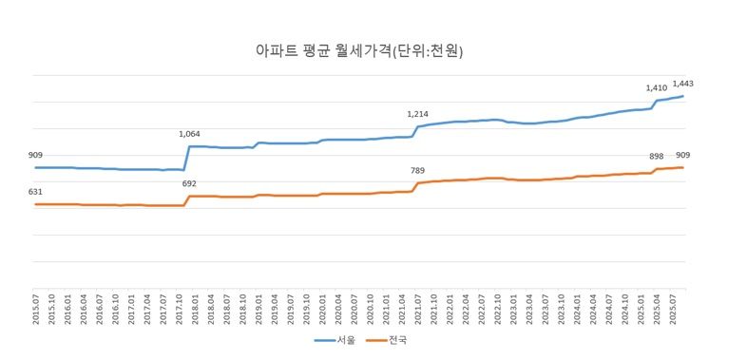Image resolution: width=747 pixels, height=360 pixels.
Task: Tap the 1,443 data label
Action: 682,84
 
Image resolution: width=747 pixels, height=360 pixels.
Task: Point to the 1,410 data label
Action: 656,88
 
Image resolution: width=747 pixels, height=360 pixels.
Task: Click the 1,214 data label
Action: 418,114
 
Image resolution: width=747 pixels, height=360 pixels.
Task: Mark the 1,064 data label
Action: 190,134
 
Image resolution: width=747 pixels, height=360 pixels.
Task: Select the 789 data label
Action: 417,171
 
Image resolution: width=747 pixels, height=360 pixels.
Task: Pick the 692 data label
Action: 189,183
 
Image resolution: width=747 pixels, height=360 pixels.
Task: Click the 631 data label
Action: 35,192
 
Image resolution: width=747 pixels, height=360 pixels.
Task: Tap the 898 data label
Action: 656,156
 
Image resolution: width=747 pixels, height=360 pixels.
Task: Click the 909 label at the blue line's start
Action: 35,155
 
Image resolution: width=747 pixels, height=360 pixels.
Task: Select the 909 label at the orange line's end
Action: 682,155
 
